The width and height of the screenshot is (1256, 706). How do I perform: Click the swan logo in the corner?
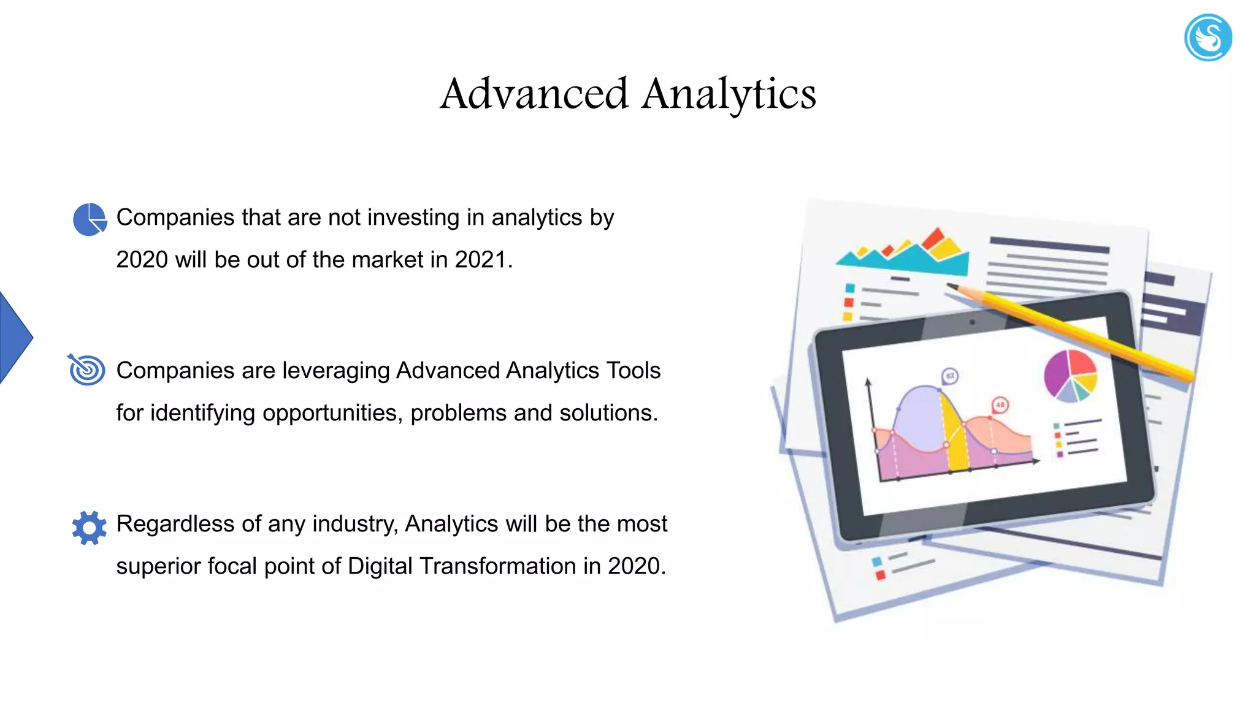[1208, 37]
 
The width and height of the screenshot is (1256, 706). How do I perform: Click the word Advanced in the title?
[534, 94]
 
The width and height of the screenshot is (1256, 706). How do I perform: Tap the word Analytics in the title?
[729, 94]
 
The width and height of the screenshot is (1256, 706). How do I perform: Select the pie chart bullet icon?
[90, 219]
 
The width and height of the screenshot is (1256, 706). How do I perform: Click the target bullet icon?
[86, 370]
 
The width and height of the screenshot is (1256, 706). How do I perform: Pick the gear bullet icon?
[89, 527]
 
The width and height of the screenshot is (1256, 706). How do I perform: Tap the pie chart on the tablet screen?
[1070, 375]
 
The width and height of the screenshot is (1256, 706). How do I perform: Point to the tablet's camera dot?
[972, 322]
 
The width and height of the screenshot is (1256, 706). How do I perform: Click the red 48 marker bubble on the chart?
[1000, 405]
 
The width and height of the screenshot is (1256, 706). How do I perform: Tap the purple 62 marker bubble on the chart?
[949, 376]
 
